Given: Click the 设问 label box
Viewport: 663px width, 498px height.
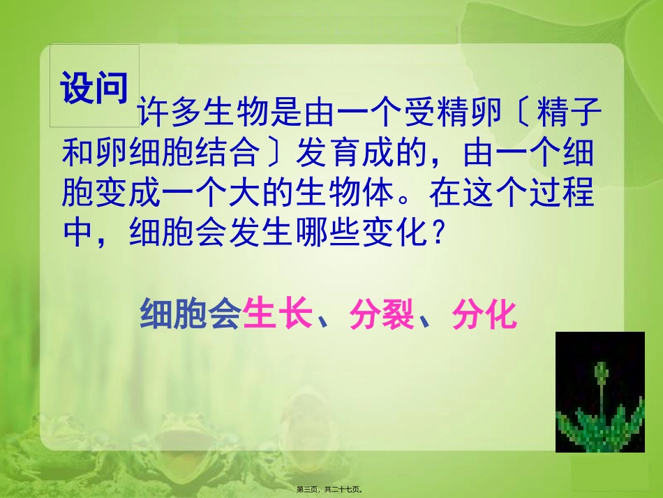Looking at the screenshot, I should (95, 87).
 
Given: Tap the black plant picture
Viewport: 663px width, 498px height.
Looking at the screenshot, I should (599, 392).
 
